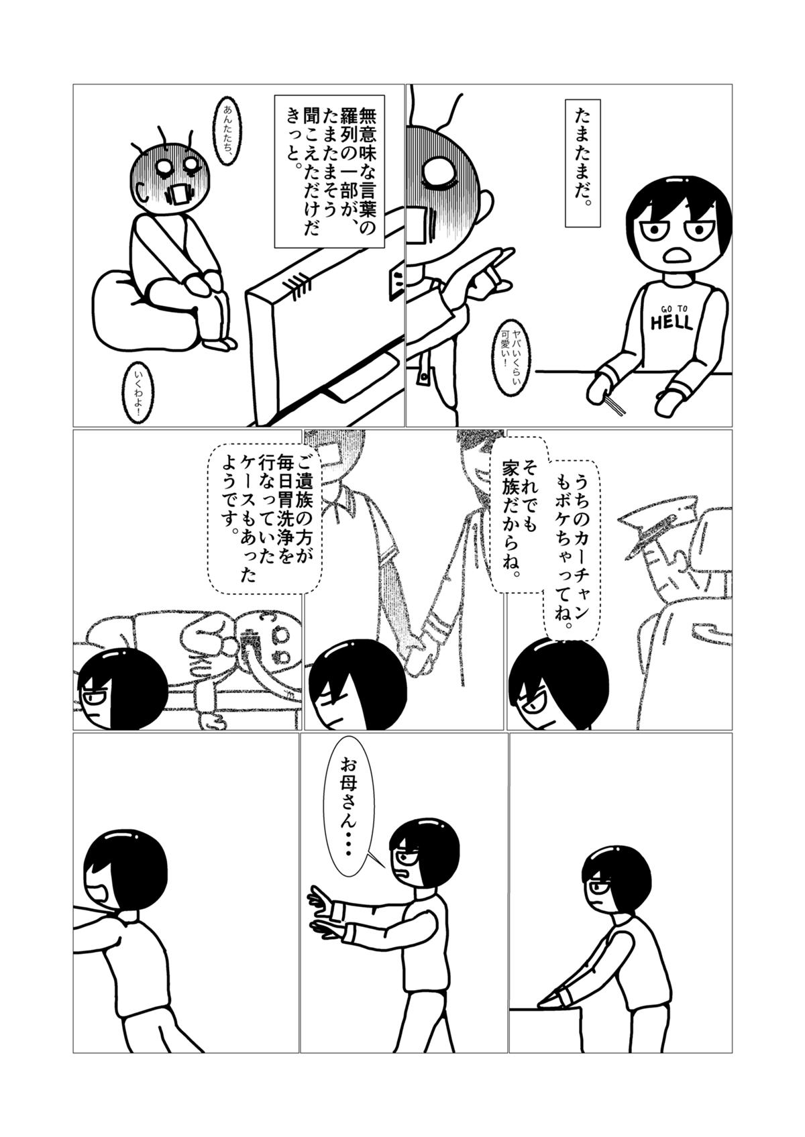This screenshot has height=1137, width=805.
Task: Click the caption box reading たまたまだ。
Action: (583, 163)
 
